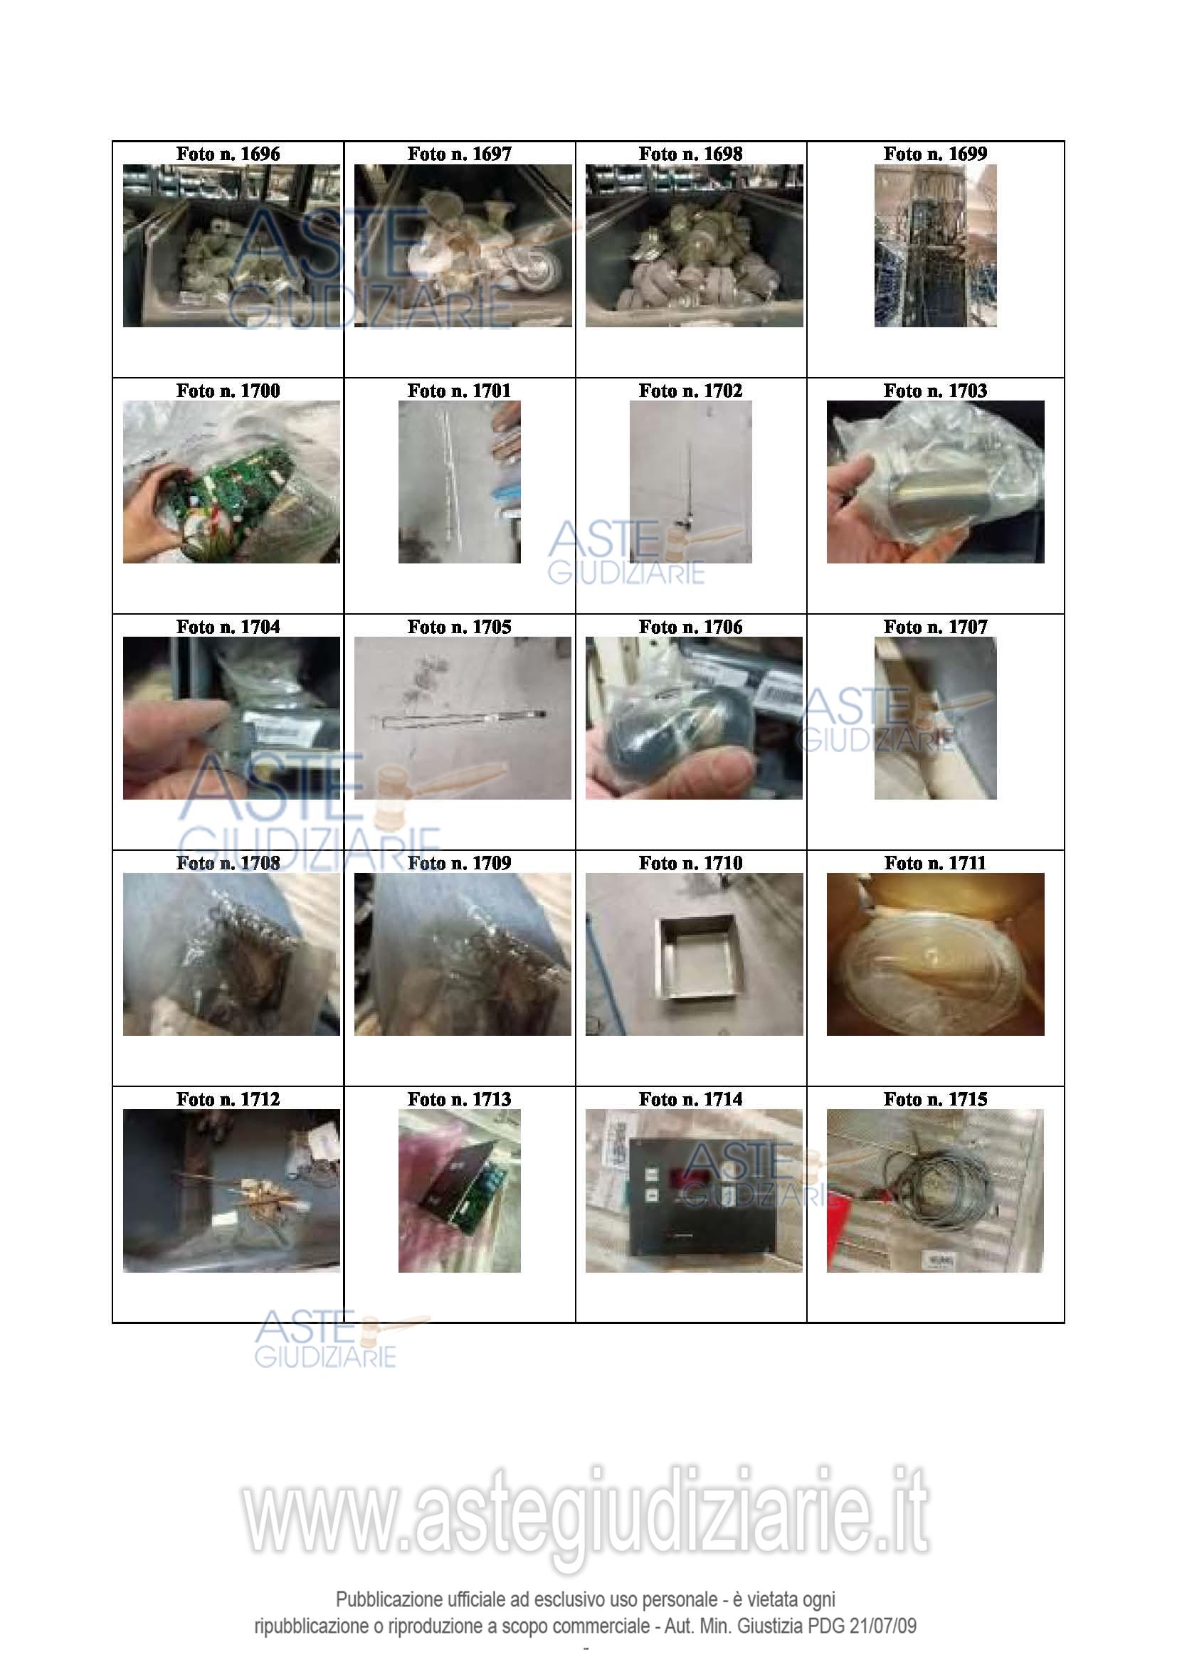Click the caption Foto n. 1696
coord(228,154)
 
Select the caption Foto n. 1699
coord(935,154)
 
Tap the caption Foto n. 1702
coord(691,391)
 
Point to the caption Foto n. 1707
coord(935,627)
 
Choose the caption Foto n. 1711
coord(935,863)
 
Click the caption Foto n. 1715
coord(935,1099)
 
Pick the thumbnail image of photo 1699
coord(935,245)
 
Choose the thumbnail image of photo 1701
coord(460,482)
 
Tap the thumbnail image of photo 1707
coord(935,719)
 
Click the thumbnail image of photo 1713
coord(460,1191)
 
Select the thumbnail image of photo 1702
coord(691,482)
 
